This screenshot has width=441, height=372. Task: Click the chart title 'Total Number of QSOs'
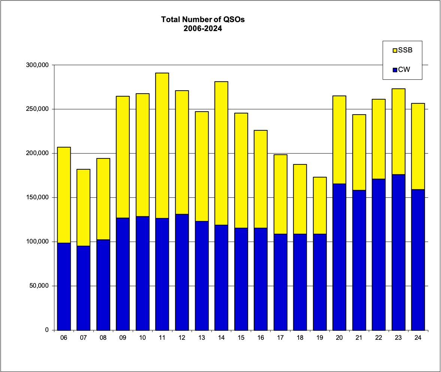pos(203,19)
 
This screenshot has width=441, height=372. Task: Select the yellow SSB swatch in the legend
pos(395,50)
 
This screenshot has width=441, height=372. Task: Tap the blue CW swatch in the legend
pos(395,69)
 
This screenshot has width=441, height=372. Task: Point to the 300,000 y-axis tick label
pos(38,65)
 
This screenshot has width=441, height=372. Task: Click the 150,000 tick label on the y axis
pos(38,197)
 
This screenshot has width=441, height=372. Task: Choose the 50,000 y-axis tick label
pos(40,286)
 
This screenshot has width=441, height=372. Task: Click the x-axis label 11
pos(162,338)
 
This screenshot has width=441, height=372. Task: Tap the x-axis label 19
pos(320,338)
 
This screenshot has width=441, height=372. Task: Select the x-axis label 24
pos(418,338)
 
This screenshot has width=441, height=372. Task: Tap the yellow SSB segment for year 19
pos(320,205)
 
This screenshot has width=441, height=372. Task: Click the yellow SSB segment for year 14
pos(221,153)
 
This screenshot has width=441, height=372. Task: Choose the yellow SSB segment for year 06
pos(64,195)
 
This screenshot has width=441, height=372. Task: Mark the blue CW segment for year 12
pos(182,272)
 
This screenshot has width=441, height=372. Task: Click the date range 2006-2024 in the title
pos(203,28)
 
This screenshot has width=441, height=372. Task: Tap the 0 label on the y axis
pos(47,330)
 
